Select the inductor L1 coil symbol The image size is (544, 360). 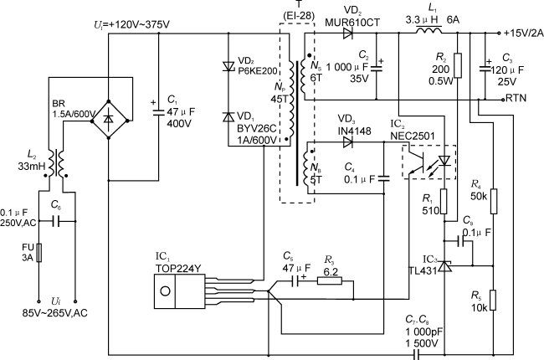430,33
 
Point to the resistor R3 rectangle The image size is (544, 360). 330,280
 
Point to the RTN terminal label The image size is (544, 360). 516,98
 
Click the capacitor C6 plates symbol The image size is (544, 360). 57,222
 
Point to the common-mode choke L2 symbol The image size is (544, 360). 57,162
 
